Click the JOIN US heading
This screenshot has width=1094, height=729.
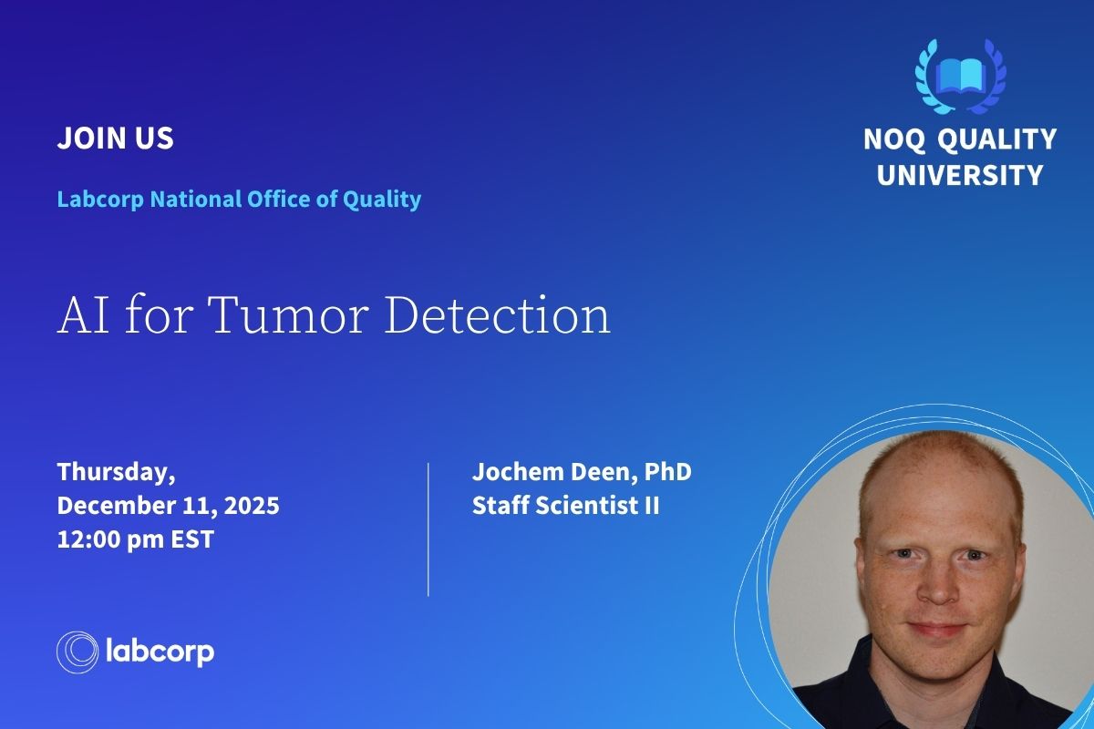(x=115, y=139)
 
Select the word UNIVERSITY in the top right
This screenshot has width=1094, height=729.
(x=960, y=175)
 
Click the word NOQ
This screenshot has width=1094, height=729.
(x=894, y=139)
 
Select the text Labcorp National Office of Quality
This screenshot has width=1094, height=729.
(x=239, y=199)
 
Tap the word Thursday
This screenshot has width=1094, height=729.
(x=116, y=473)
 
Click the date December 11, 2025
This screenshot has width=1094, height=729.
(x=168, y=506)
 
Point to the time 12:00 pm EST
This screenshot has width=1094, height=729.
(x=135, y=539)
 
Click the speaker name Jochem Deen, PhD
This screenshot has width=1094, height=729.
(x=582, y=473)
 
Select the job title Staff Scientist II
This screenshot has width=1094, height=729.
(x=565, y=507)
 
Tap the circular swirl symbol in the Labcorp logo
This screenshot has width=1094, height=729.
(x=77, y=652)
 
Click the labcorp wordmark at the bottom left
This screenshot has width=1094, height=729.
(x=160, y=652)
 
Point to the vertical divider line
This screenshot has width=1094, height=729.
(x=428, y=529)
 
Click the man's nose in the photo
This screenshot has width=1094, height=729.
(x=934, y=583)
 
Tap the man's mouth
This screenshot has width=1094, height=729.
(x=935, y=630)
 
